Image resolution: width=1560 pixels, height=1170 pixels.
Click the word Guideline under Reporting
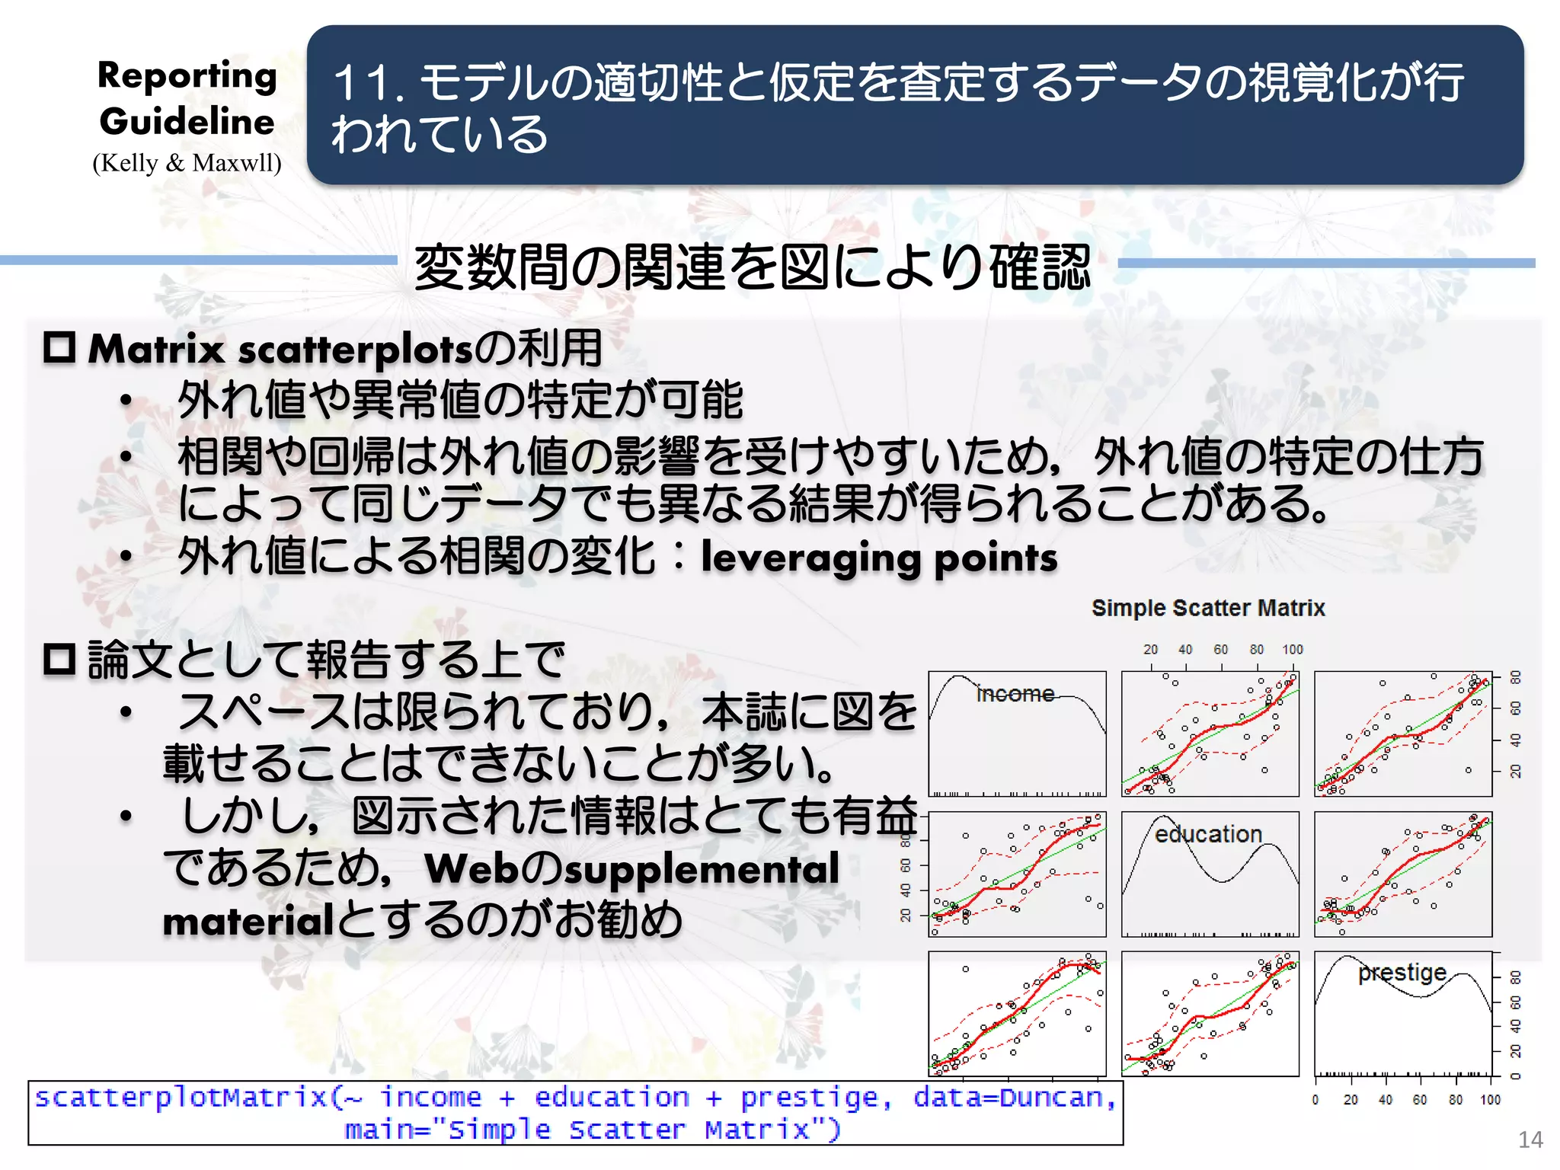[x=187, y=122]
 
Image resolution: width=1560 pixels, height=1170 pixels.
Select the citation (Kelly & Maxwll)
[x=187, y=163]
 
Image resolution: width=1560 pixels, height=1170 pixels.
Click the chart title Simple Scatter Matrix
[x=1207, y=608]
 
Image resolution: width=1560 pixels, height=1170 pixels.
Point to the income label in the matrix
[x=1015, y=694]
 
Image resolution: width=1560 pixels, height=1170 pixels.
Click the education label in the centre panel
[x=1208, y=834]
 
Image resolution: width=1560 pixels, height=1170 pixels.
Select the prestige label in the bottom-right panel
[x=1402, y=973]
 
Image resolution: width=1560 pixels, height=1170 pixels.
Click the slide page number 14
[x=1530, y=1140]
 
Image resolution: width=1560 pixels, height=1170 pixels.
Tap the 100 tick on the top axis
[x=1292, y=650]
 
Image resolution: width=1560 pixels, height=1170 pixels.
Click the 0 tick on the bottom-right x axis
[x=1315, y=1100]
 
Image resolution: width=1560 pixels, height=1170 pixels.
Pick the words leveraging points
[x=879, y=558]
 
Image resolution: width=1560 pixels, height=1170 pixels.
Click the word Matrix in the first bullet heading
[x=156, y=350]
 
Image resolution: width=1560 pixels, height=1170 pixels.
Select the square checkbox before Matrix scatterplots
[x=59, y=348]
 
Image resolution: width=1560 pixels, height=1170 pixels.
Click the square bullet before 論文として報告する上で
[x=59, y=660]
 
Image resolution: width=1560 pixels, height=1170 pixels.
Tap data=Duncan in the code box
[x=1014, y=1098]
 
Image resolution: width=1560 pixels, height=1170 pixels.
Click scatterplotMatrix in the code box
[x=181, y=1098]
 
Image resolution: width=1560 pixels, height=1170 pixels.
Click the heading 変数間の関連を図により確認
[x=753, y=268]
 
